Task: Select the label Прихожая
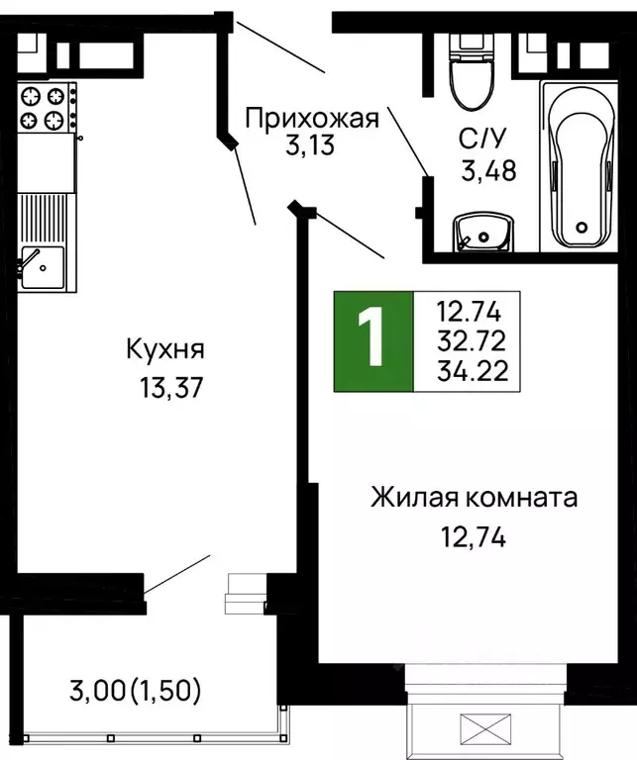click(312, 120)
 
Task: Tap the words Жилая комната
click(474, 498)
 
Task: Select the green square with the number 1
click(372, 340)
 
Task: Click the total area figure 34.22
click(472, 371)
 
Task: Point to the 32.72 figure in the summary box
click(472, 342)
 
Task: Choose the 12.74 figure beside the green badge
click(472, 313)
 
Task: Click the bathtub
click(581, 163)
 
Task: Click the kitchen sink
click(43, 267)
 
